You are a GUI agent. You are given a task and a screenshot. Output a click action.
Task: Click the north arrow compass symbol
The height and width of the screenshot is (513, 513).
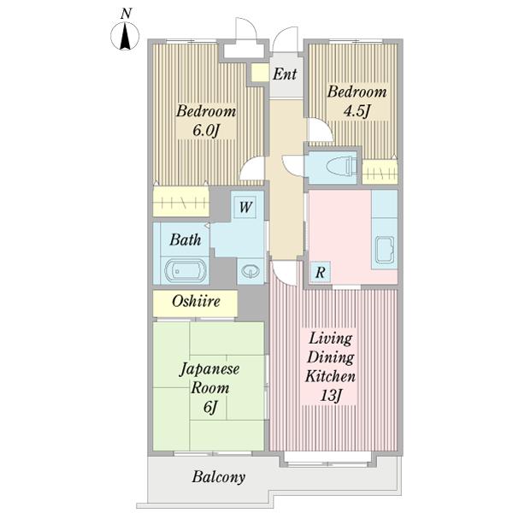click(125, 36)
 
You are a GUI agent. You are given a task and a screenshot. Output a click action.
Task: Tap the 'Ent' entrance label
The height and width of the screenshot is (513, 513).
click(285, 74)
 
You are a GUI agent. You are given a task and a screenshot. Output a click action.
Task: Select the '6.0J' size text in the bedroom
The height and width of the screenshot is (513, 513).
click(205, 131)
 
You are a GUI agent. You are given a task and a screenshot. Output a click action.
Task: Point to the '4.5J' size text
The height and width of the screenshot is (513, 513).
click(357, 111)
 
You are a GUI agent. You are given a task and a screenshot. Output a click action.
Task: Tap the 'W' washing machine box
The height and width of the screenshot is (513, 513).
click(245, 207)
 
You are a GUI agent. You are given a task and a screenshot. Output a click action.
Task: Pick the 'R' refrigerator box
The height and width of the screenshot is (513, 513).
click(321, 272)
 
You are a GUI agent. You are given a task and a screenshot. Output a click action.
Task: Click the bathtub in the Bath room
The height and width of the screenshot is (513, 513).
click(186, 271)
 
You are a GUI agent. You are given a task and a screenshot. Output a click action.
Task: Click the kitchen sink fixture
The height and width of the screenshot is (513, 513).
click(385, 250)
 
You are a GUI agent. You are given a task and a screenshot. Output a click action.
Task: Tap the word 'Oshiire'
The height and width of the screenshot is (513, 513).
click(196, 301)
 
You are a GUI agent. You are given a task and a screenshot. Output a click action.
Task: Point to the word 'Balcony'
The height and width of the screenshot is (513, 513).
click(219, 477)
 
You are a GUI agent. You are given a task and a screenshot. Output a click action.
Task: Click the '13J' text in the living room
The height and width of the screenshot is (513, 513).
click(330, 396)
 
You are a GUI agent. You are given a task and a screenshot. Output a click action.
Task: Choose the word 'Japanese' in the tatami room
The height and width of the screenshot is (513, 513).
click(210, 369)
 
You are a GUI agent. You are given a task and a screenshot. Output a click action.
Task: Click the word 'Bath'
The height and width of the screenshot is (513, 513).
click(186, 240)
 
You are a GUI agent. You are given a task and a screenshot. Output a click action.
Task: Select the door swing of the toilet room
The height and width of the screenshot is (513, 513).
click(292, 164)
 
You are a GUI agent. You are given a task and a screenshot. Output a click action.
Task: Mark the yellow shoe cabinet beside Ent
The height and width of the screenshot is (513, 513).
click(259, 73)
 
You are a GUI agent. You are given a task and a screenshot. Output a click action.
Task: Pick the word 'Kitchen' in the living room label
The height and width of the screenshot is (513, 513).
click(330, 376)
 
